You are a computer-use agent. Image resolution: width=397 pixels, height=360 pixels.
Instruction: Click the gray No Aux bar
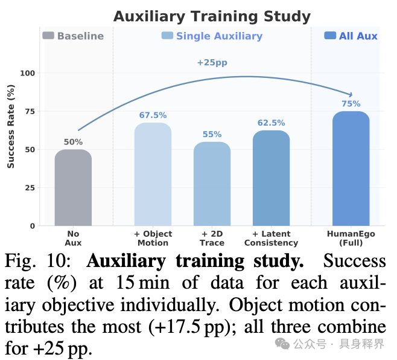tap(73, 188)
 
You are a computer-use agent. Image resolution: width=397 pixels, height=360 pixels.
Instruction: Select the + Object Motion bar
tap(153, 175)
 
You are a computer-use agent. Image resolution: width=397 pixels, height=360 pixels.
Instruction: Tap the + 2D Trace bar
tap(212, 184)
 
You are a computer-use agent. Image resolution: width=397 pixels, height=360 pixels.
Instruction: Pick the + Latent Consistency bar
tap(271, 178)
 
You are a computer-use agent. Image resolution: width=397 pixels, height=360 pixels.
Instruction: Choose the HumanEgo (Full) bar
tap(351, 169)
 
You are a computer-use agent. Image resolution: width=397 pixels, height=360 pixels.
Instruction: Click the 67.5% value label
tap(153, 115)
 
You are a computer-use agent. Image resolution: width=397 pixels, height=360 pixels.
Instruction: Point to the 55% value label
tap(212, 134)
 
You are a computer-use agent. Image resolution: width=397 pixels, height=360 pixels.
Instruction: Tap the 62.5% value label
tap(271, 123)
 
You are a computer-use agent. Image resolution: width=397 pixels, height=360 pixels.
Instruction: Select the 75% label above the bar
tap(351, 104)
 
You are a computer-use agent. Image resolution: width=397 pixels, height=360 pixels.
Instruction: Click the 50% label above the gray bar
tap(73, 142)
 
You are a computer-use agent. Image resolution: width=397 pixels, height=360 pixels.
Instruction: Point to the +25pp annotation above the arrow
tap(212, 62)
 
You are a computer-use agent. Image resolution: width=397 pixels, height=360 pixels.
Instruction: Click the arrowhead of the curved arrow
tap(352, 95)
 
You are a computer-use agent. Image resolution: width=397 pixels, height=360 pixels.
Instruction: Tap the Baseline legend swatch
tap(48, 36)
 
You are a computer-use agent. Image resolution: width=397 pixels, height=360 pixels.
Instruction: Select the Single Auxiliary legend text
tap(219, 36)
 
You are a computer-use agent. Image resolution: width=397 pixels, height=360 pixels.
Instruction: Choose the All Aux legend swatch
tap(330, 36)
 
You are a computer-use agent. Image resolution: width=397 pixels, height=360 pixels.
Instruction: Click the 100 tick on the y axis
tap(27, 73)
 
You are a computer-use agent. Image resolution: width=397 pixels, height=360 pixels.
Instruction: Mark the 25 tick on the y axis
tap(30, 188)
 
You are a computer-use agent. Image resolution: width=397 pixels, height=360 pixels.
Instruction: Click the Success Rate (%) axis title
tap(11, 126)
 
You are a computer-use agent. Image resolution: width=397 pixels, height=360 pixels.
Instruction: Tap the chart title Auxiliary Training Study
tap(212, 17)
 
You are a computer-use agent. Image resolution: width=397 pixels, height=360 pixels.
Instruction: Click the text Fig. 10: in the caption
tap(37, 261)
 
